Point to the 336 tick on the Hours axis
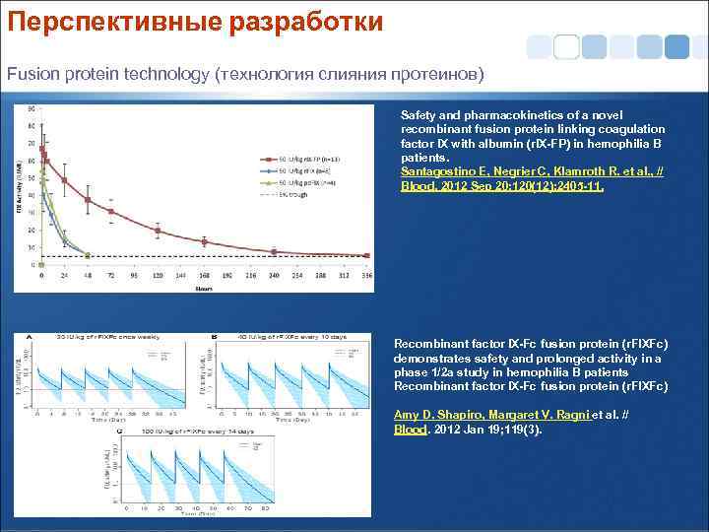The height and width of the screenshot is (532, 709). coord(367,277)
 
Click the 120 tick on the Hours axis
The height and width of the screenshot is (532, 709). coord(158,277)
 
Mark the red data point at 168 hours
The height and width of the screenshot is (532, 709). coord(204,241)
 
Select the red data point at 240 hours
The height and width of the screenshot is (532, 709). coord(274,251)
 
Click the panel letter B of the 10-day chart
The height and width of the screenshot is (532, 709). coord(214,338)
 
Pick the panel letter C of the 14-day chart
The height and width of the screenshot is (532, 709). coord(119,431)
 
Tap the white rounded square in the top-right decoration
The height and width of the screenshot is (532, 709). coord(566,46)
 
